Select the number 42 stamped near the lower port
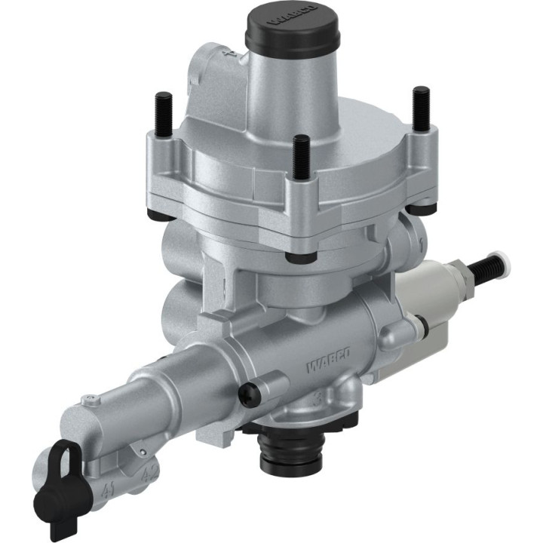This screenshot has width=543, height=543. [148, 473]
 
